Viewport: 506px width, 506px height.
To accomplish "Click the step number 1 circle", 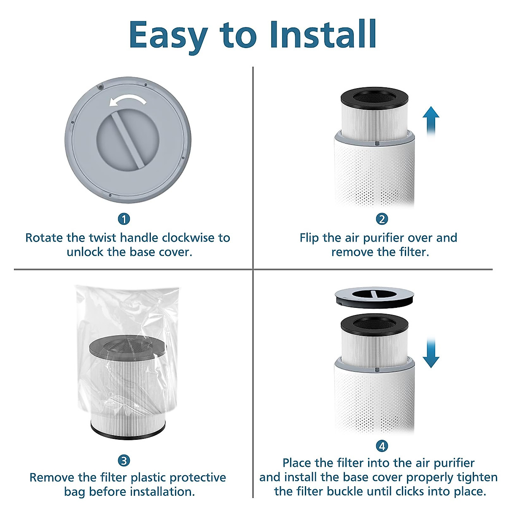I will (124, 219).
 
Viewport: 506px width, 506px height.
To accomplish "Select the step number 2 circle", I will (382, 219).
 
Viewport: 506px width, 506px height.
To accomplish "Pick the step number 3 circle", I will (124, 460).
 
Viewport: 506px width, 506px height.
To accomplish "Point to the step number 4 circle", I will (382, 446).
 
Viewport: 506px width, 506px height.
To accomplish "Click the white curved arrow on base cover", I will (127, 100).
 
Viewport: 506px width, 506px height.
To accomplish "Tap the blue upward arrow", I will (431, 120).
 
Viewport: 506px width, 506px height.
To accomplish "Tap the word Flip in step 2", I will (310, 238).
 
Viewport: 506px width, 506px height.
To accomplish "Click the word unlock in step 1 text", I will (85, 252).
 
